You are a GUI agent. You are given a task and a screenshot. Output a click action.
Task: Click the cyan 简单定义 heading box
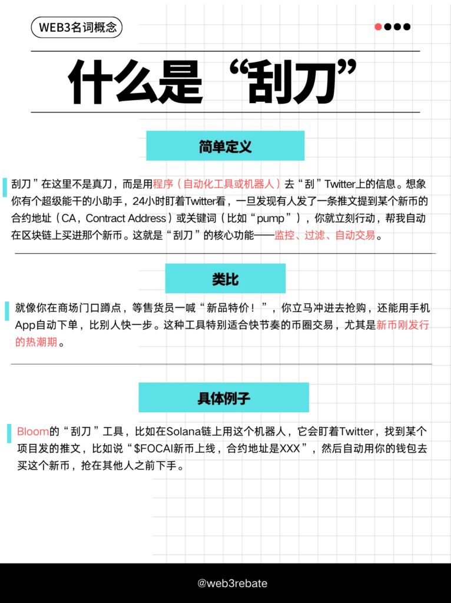(x=224, y=145)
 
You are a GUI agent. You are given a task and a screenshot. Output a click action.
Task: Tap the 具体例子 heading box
(x=224, y=398)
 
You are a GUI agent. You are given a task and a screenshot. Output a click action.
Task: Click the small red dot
(x=378, y=26)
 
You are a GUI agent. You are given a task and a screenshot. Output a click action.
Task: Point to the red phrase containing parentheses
(x=217, y=184)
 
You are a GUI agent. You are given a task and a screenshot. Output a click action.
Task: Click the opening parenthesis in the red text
(x=180, y=184)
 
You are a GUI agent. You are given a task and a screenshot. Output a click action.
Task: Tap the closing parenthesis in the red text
(x=278, y=184)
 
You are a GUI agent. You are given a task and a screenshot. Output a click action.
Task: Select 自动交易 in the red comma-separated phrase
(x=354, y=235)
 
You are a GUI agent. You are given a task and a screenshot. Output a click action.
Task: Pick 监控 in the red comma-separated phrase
(x=284, y=235)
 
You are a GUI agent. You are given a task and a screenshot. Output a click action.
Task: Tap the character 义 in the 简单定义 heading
(x=245, y=146)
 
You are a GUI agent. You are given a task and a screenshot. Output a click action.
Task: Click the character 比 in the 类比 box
(x=232, y=279)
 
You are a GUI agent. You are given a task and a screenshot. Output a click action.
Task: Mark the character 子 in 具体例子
(x=244, y=399)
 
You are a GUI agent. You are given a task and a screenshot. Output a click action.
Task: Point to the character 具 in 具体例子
(x=204, y=399)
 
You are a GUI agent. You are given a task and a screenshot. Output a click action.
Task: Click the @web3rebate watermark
(x=232, y=584)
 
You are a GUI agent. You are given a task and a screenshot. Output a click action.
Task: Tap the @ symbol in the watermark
(x=201, y=584)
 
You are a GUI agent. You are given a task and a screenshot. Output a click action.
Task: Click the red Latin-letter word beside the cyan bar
(x=33, y=432)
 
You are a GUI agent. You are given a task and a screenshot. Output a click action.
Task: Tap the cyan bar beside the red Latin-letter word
(x=9, y=433)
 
